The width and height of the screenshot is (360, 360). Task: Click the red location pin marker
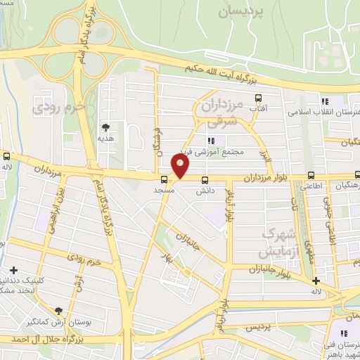pos(181,167)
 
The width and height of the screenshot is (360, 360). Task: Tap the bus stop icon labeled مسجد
pos(164,179)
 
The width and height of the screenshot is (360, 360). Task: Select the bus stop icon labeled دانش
pos(205,179)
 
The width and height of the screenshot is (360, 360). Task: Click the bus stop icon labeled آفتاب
pos(259,98)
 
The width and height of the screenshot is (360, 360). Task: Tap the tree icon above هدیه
pos(105,127)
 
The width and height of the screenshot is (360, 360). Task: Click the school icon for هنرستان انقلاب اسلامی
pos(324,101)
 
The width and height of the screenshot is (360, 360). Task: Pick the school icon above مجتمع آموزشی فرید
pos(211,141)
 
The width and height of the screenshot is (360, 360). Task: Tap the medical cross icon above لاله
pos(317,281)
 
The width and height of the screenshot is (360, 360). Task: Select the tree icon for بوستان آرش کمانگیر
pos(58,310)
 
